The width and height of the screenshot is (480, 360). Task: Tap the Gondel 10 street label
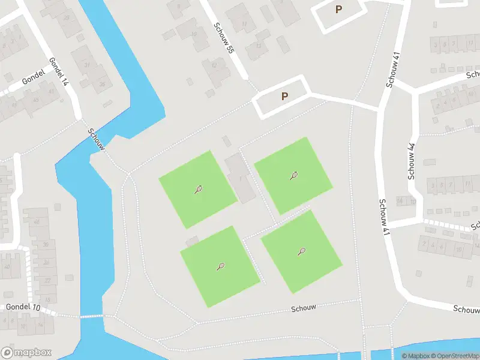tap(23, 307)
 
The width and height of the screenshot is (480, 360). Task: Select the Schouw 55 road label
tap(223, 40)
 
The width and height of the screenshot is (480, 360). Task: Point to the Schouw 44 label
tap(412, 161)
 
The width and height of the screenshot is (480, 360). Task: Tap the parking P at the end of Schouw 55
tap(284, 96)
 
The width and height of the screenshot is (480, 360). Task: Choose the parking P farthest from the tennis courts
tap(338, 10)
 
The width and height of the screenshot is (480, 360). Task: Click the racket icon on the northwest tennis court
tap(198, 190)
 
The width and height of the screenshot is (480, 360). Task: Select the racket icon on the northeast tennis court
tap(294, 176)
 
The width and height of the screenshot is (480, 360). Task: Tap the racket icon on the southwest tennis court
tap(221, 266)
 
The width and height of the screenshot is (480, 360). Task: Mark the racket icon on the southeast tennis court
tap(301, 251)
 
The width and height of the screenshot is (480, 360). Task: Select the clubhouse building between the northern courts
tap(240, 178)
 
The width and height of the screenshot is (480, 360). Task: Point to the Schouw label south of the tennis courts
tap(303, 308)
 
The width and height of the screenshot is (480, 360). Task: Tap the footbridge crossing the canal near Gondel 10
tap(91, 316)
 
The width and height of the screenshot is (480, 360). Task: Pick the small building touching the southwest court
tap(192, 241)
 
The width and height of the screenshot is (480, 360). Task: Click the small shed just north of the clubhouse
tap(226, 141)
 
